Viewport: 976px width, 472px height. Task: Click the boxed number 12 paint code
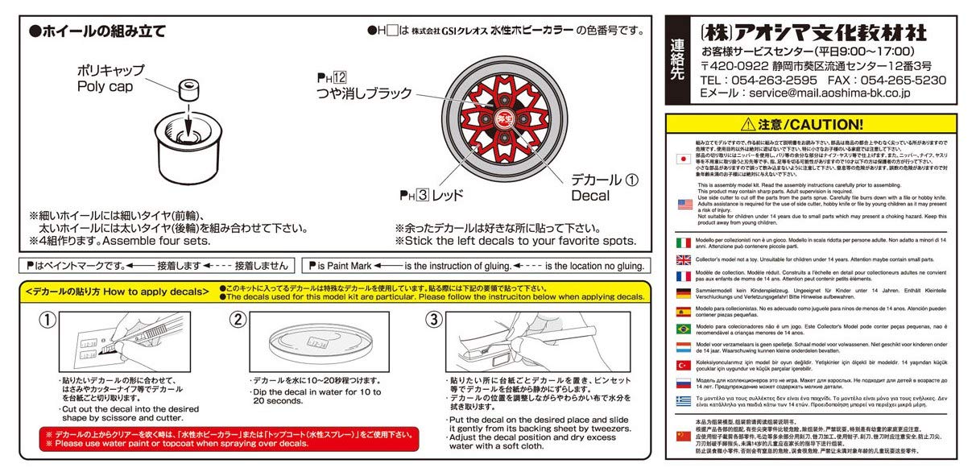point(340,78)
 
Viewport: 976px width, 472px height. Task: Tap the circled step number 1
point(48,320)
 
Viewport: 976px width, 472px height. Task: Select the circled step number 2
point(237,320)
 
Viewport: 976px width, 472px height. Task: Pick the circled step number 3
point(433,320)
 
